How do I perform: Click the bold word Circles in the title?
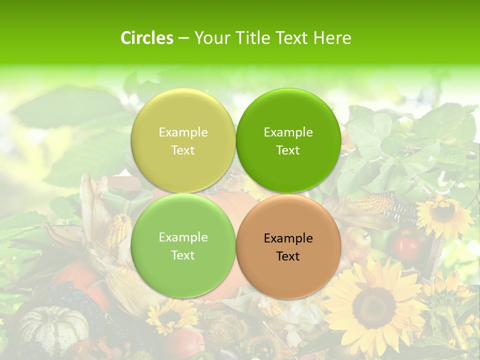(147, 38)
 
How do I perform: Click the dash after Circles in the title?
(183, 38)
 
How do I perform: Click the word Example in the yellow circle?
(183, 132)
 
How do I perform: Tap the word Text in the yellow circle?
(183, 150)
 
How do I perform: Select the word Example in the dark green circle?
(288, 132)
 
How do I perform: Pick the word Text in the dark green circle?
(288, 150)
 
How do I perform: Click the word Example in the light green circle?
(183, 237)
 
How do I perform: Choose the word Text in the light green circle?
(183, 255)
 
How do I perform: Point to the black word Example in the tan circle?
(288, 238)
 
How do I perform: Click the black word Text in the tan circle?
(288, 256)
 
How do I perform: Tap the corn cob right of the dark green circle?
(372, 203)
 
